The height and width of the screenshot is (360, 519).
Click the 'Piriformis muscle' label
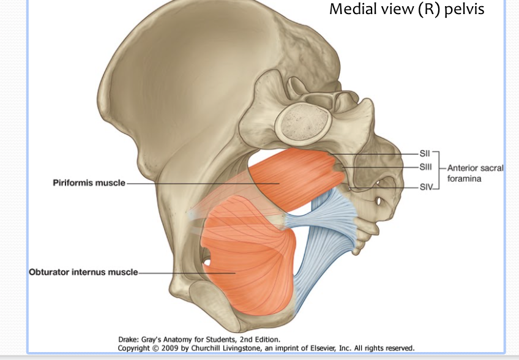88,182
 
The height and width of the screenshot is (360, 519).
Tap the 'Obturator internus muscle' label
84,272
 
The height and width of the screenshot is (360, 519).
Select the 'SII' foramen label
426,153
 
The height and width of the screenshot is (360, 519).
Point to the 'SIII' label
427,167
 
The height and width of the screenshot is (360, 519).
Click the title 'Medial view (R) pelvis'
406,10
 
